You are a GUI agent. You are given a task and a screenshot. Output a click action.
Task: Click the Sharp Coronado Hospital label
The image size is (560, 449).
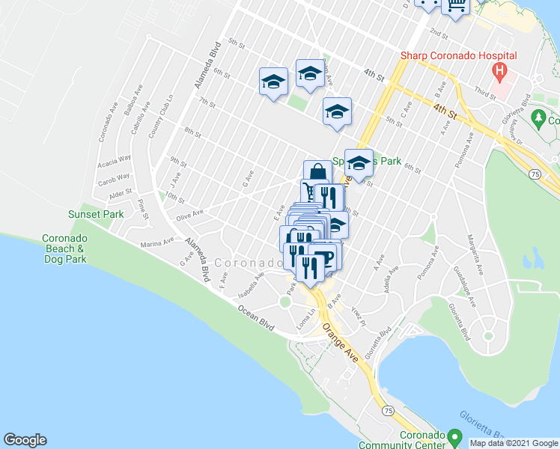coord(458,55)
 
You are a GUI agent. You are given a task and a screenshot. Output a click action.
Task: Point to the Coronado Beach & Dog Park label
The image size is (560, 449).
coord(64,249)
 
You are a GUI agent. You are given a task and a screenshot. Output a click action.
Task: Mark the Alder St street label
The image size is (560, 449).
coord(121,193)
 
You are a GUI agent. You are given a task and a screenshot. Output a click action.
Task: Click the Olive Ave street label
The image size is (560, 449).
coord(189,214)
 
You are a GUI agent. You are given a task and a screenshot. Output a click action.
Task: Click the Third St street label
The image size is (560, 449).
coord(484,94)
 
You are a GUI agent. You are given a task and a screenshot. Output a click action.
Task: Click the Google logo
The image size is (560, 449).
coord(25,440)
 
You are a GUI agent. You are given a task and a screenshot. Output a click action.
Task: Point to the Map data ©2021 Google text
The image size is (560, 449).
coord(513,443)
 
